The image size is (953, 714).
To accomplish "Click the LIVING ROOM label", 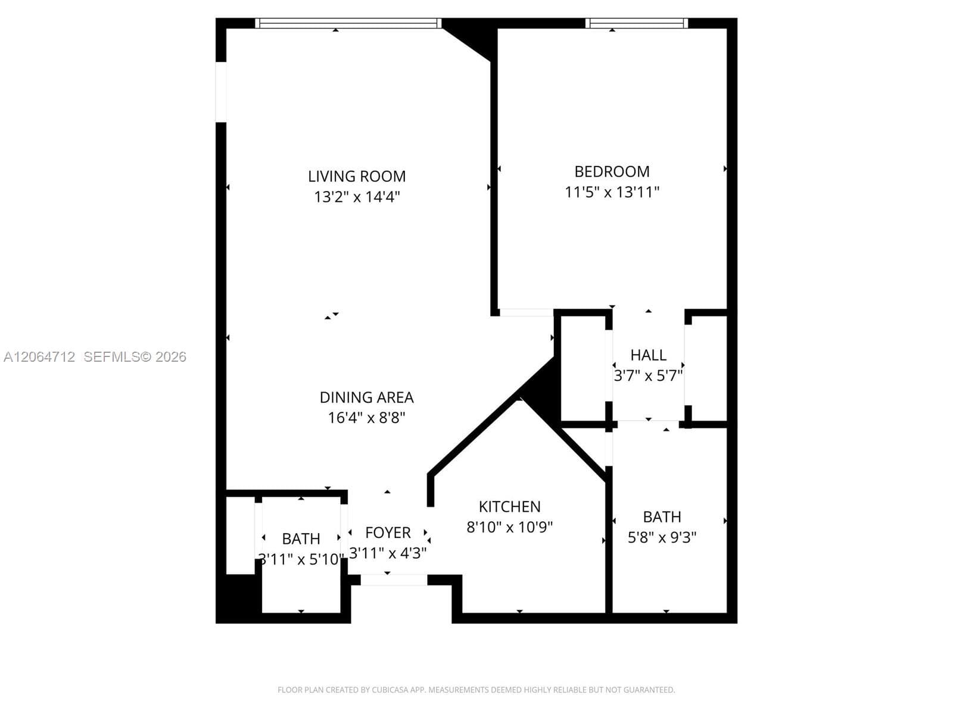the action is [x=357, y=177].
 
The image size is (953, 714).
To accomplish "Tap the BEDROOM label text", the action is [x=612, y=172].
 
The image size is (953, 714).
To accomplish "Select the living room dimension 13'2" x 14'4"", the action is [x=357, y=197].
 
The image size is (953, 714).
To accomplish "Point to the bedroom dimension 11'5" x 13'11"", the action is [x=612, y=192].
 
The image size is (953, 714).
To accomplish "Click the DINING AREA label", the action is [x=366, y=397].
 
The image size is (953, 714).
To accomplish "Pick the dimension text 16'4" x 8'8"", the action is [x=366, y=418].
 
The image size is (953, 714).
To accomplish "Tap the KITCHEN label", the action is [x=510, y=507].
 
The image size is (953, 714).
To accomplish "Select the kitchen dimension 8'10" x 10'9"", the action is [x=510, y=527].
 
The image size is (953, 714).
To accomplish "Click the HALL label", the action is [x=648, y=355].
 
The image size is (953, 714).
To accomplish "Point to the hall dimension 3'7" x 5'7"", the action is [x=648, y=375].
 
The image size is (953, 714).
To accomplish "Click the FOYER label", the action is [x=388, y=533].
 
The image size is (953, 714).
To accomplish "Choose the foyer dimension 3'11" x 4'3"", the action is [x=388, y=553].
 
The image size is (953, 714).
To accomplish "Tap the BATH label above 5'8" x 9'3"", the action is [x=662, y=517].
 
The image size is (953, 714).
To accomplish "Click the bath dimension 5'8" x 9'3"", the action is [x=662, y=537].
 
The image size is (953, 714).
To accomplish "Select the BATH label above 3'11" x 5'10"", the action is [x=301, y=539].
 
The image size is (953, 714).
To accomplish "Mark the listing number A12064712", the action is [x=39, y=357].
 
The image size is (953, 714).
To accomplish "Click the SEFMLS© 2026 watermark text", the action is [x=135, y=357].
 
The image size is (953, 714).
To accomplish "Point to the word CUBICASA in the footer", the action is [x=390, y=690].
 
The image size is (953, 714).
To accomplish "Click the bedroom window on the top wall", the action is [x=637, y=23].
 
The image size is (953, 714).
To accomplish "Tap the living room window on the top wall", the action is [x=348, y=23].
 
